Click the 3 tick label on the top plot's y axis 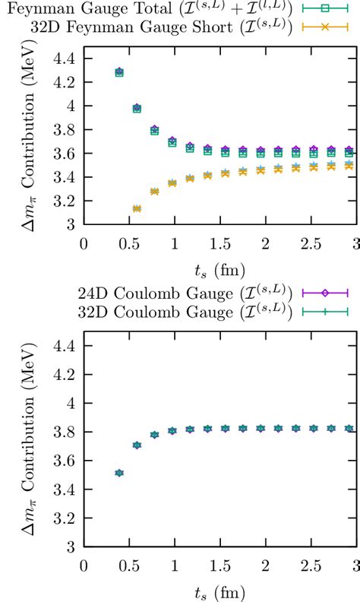point(71,224)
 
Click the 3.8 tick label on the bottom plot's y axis point(63,432)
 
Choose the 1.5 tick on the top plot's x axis point(219,242)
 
